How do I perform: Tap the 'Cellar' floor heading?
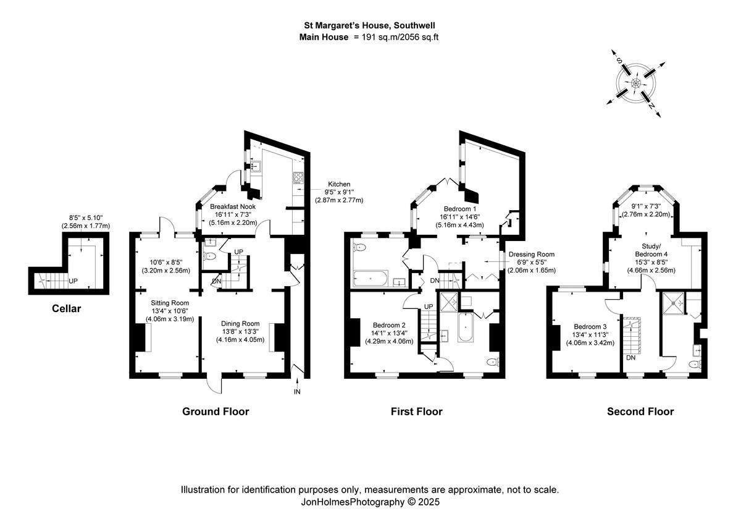coord(66,308)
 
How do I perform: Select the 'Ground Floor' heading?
coord(216,412)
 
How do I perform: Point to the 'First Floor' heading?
coord(417,412)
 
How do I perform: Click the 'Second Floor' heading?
coord(640,412)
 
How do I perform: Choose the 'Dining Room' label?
coord(240,323)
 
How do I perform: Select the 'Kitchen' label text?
coord(339,184)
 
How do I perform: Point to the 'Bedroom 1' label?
coord(456,209)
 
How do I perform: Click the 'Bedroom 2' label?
coord(389,325)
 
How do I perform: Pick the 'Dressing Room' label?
coord(531,254)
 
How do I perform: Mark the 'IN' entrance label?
coord(298,392)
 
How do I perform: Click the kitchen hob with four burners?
coord(298,178)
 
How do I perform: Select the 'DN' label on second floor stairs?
coord(630,357)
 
